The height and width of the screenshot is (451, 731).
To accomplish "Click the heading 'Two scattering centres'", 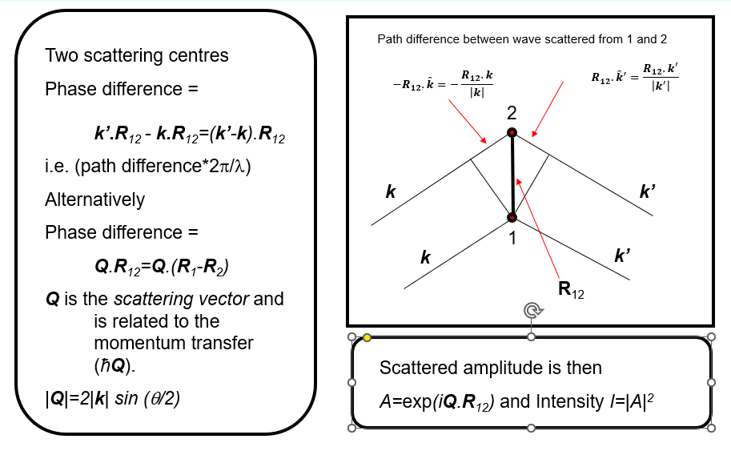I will tap(137, 55).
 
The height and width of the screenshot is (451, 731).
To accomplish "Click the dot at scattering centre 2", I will tap(512, 132).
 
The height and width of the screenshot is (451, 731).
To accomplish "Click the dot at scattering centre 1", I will tap(512, 217).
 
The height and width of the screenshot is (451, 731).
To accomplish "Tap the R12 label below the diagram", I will tap(571, 290).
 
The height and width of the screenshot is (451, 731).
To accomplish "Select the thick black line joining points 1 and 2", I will tap(512, 175).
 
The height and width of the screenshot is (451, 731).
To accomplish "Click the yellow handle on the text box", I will tap(367, 337).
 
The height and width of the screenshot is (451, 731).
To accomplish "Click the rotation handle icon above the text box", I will tap(530, 311).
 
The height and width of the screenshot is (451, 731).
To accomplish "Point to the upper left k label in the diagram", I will tap(391, 192).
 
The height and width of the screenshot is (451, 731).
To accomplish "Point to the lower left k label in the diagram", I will tap(426, 257).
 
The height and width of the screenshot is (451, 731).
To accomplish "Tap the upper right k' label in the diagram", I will tap(649, 192).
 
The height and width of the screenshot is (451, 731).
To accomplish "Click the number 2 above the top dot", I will tap(512, 113).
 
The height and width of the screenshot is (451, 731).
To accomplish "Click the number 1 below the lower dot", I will tap(512, 238).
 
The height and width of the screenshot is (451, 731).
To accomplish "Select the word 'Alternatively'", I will tap(94, 199).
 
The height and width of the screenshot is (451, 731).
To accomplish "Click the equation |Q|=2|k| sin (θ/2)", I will tap(112, 397).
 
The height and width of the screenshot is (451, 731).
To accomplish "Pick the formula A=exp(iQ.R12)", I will tap(436, 401).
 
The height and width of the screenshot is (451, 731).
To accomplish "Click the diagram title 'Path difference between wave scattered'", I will tap(521, 38).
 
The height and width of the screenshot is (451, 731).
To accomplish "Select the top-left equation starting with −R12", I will tap(443, 84).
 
